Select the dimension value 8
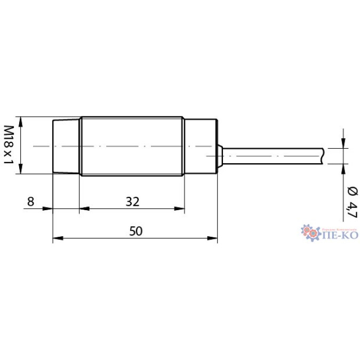click(30, 201)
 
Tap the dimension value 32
click(132, 201)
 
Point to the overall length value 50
click(136, 231)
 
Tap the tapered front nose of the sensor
click(66, 146)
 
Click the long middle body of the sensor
click(132, 146)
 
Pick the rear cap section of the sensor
click(201, 146)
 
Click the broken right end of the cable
click(323, 155)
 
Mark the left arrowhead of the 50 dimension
click(57, 238)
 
